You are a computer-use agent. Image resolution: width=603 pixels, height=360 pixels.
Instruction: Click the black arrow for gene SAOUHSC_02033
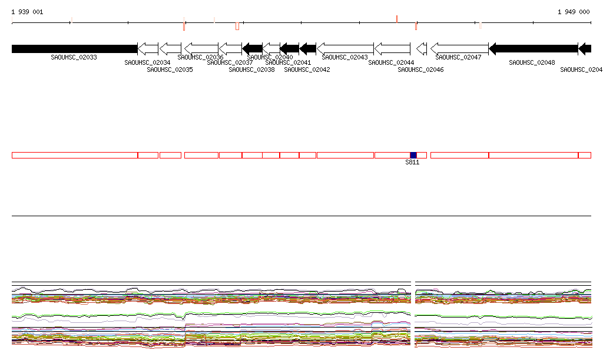pyautogui.click(x=74, y=48)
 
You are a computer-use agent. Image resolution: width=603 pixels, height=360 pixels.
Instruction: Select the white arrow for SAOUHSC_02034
pyautogui.click(x=148, y=48)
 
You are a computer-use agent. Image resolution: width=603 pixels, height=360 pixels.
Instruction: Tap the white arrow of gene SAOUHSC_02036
pyautogui.click(x=201, y=48)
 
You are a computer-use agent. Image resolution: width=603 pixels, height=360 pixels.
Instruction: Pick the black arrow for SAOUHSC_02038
pyautogui.click(x=252, y=48)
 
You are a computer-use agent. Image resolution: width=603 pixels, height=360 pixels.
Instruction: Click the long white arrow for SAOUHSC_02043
pyautogui.click(x=345, y=48)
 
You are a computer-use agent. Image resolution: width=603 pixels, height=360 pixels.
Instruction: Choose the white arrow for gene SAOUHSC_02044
pyautogui.click(x=392, y=48)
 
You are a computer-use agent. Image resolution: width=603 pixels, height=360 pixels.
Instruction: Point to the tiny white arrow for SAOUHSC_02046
pyautogui.click(x=421, y=48)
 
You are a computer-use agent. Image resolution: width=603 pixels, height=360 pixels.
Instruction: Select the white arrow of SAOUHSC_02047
pyautogui.click(x=459, y=48)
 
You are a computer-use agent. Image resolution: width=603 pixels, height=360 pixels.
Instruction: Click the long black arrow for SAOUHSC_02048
pyautogui.click(x=533, y=48)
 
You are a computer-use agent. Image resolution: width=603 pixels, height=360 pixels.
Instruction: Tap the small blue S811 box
pyautogui.click(x=413, y=155)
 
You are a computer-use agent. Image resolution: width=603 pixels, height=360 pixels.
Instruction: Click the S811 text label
pyautogui.click(x=412, y=163)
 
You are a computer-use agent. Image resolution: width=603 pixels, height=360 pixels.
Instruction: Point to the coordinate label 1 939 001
pyautogui.click(x=27, y=12)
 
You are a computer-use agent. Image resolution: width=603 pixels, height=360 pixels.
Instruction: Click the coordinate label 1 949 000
pyautogui.click(x=574, y=12)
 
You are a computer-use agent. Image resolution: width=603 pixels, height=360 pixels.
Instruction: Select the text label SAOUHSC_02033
pyautogui.click(x=74, y=57)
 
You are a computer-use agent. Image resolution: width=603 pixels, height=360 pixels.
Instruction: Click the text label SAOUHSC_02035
pyautogui.click(x=170, y=70)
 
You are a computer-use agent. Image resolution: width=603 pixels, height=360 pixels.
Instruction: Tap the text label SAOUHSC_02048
pyautogui.click(x=532, y=62)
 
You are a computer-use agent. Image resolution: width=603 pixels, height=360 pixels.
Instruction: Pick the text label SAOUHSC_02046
pyautogui.click(x=420, y=70)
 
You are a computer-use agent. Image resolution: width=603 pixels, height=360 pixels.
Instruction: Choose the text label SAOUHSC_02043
pyautogui.click(x=344, y=57)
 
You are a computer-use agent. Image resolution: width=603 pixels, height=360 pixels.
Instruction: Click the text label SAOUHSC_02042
pyautogui.click(x=307, y=70)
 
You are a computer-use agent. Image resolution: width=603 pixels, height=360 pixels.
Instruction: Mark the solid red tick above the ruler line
pyautogui.click(x=397, y=19)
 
